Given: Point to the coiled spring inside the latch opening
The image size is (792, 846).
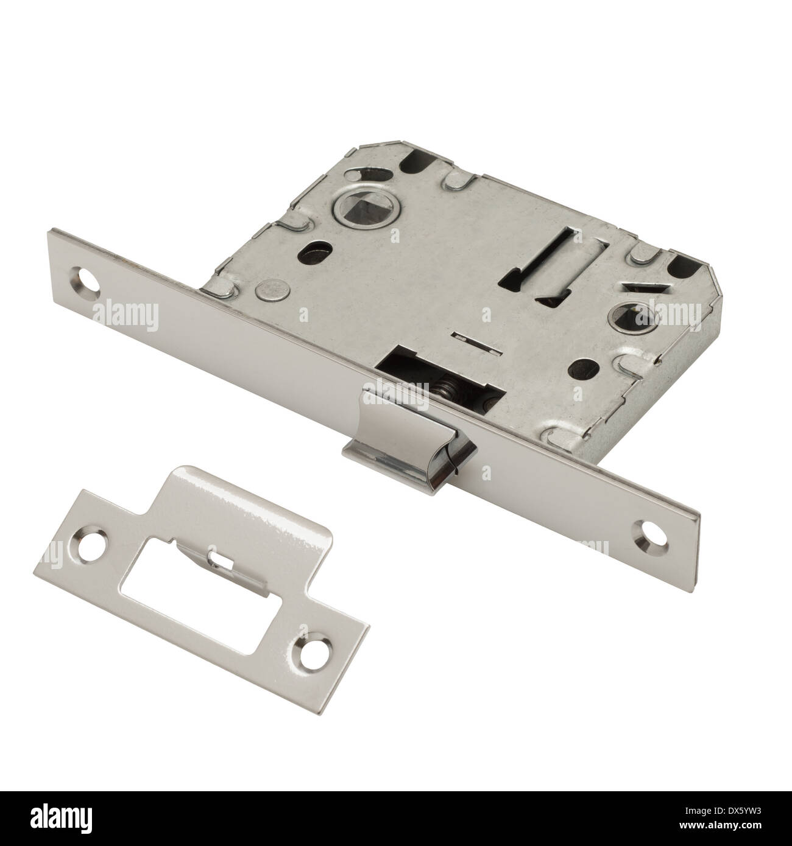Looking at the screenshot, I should click(449, 394).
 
